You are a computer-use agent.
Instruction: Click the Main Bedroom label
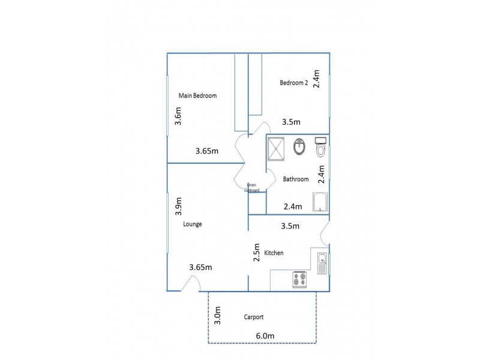197,95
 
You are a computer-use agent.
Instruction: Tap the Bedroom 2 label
294,83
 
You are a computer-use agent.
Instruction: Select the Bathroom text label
296,179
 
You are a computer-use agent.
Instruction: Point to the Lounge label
192,224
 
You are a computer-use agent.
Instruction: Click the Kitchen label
274,253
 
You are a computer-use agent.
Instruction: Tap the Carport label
254,317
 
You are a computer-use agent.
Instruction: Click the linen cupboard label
252,188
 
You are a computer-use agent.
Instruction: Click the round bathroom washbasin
299,146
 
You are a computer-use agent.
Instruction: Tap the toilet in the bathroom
320,146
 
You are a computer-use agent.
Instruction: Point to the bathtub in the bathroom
320,202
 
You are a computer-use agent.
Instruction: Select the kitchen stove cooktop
299,280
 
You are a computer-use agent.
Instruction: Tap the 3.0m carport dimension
218,315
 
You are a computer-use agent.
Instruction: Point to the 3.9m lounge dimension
178,207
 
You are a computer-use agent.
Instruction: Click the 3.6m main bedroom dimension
178,116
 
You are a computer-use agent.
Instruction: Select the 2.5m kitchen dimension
256,253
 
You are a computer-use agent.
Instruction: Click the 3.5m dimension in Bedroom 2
291,122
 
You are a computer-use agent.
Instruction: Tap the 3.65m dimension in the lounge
200,268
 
